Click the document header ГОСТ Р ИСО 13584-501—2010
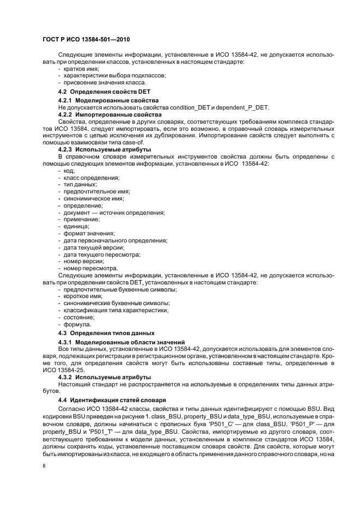pyautogui.click(x=86, y=40)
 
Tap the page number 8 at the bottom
pyautogui.click(x=44, y=465)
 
